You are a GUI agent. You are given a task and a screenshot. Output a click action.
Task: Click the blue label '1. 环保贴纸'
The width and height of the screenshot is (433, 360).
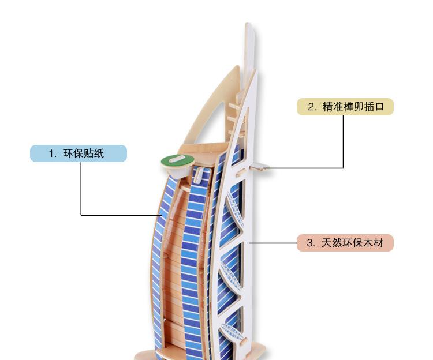[x=78, y=153]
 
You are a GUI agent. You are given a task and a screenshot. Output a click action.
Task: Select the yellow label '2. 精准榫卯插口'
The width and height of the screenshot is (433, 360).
[x=345, y=107]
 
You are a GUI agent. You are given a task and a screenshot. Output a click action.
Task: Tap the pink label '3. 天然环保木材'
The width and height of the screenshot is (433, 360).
[x=345, y=243]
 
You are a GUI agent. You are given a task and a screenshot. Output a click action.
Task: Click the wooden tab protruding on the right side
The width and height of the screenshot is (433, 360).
[x=260, y=167]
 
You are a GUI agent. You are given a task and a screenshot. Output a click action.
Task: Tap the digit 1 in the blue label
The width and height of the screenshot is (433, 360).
[x=51, y=153]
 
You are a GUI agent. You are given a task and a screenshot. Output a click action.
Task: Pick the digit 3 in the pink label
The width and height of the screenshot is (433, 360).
[x=309, y=243]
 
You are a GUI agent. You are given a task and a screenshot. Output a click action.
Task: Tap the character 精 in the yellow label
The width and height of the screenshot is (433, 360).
[x=327, y=107]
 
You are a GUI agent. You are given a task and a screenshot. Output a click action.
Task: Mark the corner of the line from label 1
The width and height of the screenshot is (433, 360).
[x=81, y=215]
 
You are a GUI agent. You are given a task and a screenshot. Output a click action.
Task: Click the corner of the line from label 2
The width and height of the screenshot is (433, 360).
[x=344, y=168]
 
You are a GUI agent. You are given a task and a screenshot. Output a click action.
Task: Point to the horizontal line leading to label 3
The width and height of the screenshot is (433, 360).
[x=273, y=243]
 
